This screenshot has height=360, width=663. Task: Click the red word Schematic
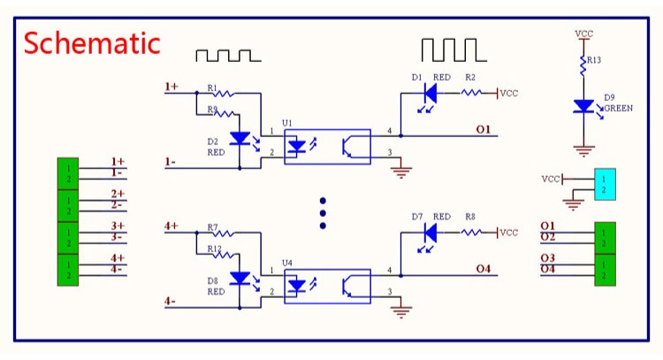pos(92,43)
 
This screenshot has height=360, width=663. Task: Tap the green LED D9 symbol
pos(583,106)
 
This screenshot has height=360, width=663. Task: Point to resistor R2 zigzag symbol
pos(471,92)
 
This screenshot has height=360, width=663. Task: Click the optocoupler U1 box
pos(327,147)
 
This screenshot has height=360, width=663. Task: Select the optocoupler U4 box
pos(327,287)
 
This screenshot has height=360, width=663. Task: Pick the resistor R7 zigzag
pos(225,234)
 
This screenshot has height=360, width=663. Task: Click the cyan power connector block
pos(605,185)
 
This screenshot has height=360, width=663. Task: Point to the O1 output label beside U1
pos(484,129)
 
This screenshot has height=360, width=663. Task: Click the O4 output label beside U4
pos(484,269)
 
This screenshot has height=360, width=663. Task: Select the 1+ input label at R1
pos(171,87)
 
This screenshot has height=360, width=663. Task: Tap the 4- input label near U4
pos(170,302)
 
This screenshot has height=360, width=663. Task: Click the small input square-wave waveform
pos(228,56)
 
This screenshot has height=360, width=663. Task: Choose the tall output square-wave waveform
pos(454,50)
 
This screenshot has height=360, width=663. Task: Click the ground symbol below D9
pos(583,151)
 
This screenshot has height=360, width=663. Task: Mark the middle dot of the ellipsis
pos(323,213)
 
